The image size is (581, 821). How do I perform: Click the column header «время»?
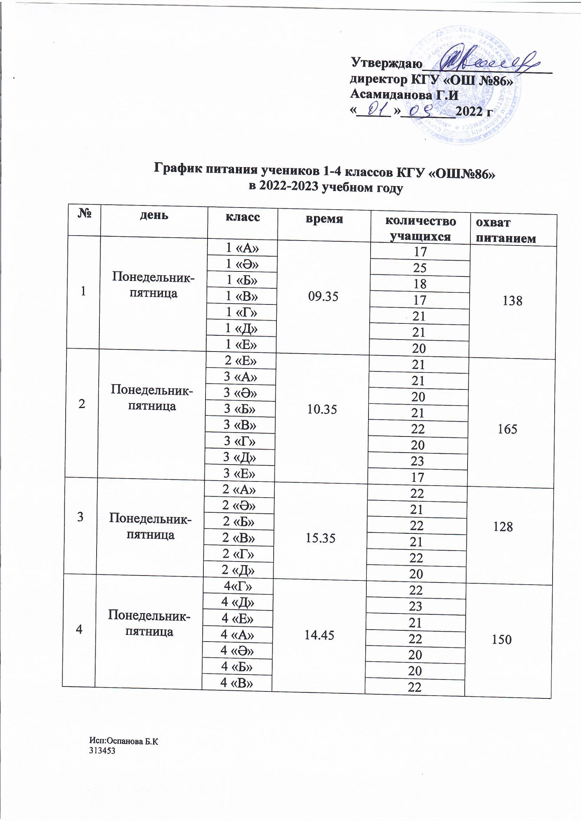click(x=324, y=219)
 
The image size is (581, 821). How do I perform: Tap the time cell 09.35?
click(x=323, y=296)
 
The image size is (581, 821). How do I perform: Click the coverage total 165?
click(x=507, y=429)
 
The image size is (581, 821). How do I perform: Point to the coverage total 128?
click(x=503, y=527)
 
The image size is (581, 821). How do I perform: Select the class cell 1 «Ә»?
click(x=242, y=264)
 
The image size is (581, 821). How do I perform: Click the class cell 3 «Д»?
click(x=240, y=457)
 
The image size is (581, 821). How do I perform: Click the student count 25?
click(x=420, y=268)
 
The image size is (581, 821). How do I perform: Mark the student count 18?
click(x=420, y=284)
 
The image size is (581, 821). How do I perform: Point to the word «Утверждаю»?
click(x=383, y=63)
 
